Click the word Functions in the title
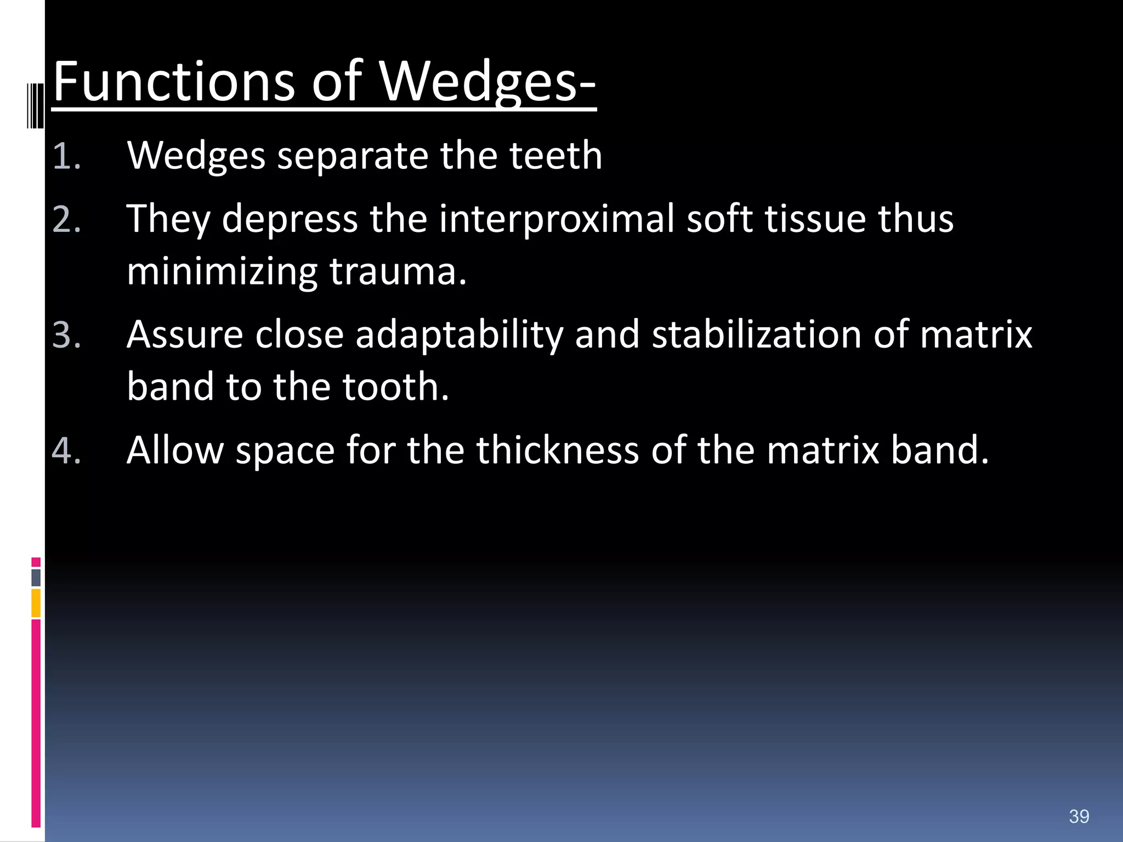coord(173,82)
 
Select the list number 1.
coord(66,157)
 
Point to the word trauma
coord(397,272)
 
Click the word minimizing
coord(222,273)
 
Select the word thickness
coord(557,450)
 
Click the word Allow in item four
coord(175,450)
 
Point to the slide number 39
coord(1079,816)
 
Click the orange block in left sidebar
coord(36,603)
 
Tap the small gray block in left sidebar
coord(36,577)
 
